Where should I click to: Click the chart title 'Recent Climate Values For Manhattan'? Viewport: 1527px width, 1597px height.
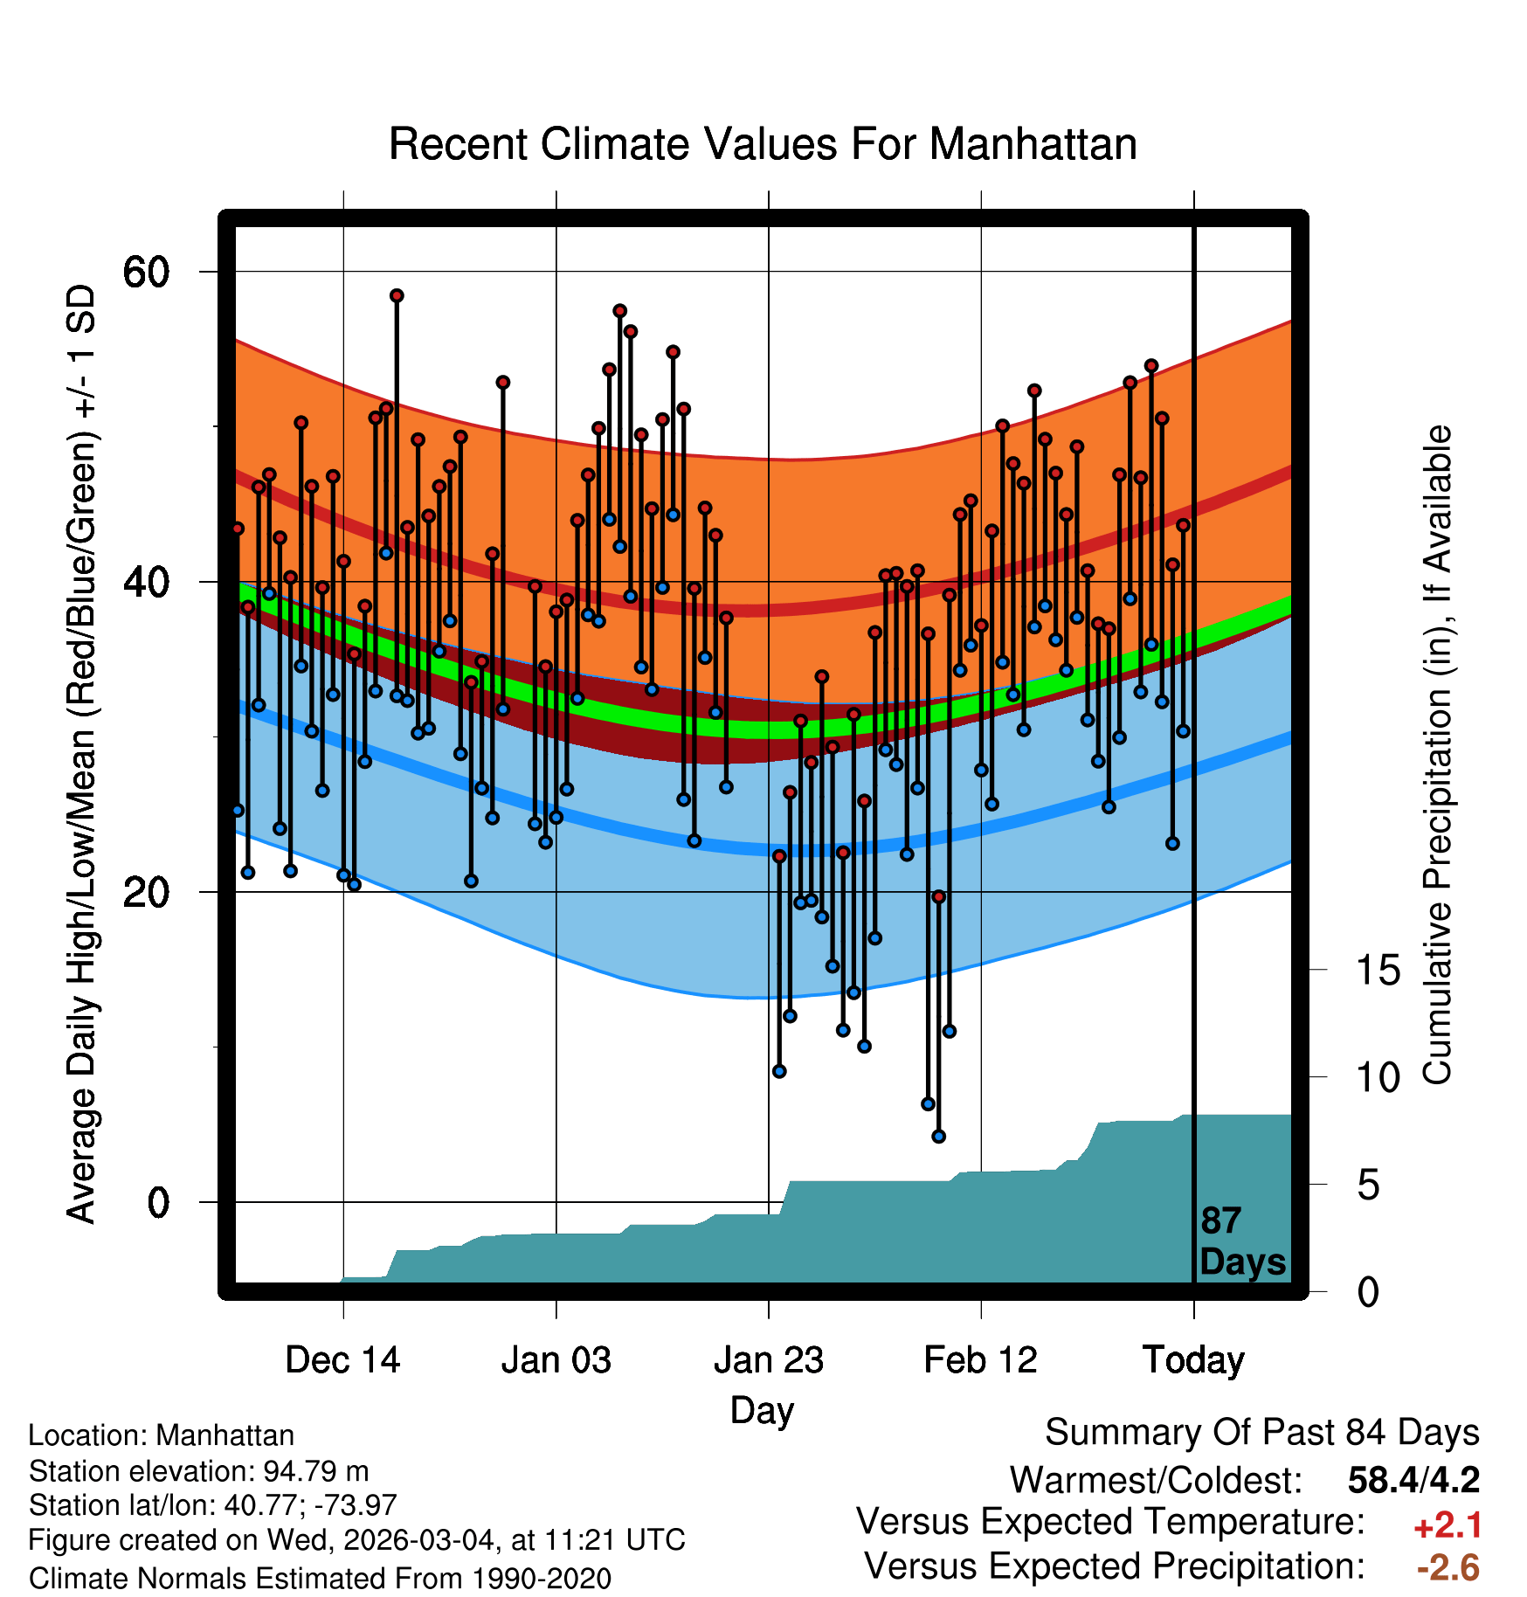pos(763,144)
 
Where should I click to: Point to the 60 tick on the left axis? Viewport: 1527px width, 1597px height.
pos(146,272)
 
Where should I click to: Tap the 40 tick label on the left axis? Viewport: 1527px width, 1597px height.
pos(146,582)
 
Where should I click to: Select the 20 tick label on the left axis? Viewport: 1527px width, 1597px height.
pos(146,892)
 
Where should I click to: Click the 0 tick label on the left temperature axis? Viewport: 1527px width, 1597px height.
pos(158,1202)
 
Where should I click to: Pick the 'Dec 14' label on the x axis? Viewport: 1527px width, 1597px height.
pos(342,1360)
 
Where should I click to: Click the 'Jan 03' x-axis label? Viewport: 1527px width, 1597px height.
pos(556,1360)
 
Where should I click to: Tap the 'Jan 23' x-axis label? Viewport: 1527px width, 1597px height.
pos(768,1360)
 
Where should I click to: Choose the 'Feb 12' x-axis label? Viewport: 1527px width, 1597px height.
pos(980,1360)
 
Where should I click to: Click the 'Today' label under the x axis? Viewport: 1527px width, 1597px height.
pos(1193,1360)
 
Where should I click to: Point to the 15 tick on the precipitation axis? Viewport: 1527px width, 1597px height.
pos(1378,971)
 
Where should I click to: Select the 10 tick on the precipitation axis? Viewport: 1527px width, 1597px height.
pos(1378,1078)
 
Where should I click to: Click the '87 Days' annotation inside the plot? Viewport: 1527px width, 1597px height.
pos(1241,1241)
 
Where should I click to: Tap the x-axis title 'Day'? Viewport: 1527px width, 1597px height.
pos(762,1411)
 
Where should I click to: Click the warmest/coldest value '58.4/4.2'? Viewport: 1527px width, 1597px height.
pos(1413,1480)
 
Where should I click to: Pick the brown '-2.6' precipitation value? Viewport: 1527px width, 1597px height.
pos(1448,1567)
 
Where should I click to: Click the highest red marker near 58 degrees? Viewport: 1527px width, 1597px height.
pos(397,295)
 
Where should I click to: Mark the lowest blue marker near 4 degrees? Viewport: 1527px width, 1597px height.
pos(938,1137)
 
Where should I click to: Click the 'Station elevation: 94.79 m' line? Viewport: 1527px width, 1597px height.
pos(198,1471)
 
